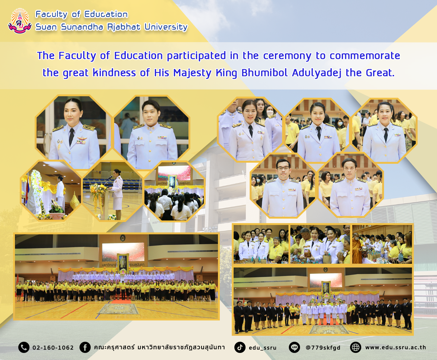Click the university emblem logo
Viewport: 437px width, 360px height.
point(19,21)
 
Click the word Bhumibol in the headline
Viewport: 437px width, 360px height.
point(265,73)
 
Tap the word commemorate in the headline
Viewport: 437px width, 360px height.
point(365,56)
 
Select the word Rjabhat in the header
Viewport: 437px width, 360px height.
point(124,27)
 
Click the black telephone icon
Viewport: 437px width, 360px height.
point(24,347)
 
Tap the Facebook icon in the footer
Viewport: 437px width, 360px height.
point(85,347)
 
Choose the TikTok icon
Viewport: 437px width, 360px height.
point(240,347)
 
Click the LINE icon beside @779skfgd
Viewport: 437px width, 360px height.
point(294,347)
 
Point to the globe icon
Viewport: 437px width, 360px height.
point(355,347)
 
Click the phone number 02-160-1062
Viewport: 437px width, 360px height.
point(53,348)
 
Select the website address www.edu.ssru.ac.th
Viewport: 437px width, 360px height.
point(396,347)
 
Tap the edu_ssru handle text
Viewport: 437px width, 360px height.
point(262,348)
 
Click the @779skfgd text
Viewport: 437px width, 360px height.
point(323,348)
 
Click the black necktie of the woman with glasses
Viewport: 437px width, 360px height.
point(251,131)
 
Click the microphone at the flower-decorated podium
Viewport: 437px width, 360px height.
point(110,177)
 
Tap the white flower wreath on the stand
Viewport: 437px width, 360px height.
point(36,181)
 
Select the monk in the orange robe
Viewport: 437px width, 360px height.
point(357,248)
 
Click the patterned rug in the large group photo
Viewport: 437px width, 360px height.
point(118,309)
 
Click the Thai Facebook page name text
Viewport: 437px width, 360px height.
point(159,347)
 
